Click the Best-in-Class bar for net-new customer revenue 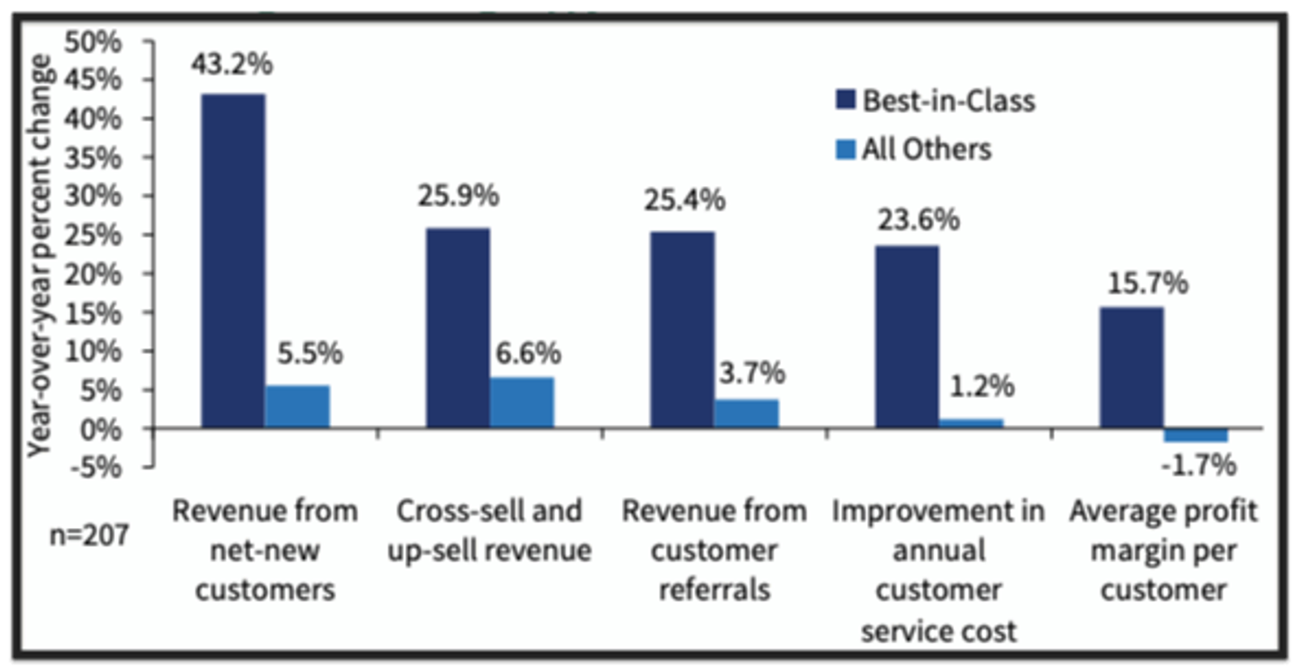[233, 260]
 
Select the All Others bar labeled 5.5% [297, 406]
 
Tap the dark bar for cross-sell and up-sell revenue [458, 327]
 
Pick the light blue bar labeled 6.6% [522, 402]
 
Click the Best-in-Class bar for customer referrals [683, 329]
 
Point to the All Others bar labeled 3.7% [746, 413]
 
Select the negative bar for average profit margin [1196, 435]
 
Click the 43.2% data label [232, 64]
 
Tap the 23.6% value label [918, 219]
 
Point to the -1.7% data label [1198, 465]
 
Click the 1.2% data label [982, 386]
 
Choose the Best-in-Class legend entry [936, 101]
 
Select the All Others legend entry [914, 149]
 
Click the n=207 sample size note [89, 535]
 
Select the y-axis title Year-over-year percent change [38, 256]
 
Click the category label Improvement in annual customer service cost [939, 570]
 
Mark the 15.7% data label [1147, 284]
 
